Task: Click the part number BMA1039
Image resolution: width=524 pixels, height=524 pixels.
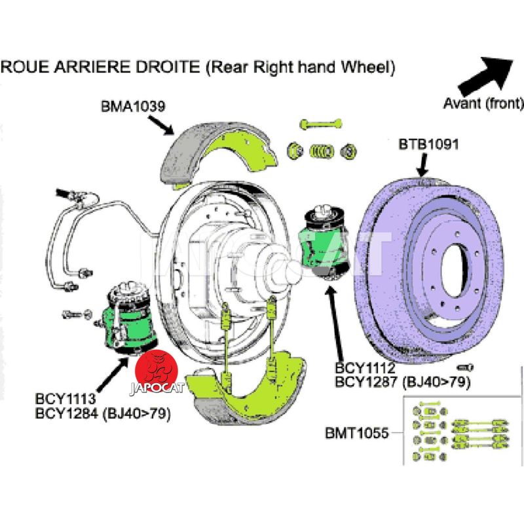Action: click(132, 105)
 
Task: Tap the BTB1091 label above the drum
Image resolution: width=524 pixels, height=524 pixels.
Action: click(429, 143)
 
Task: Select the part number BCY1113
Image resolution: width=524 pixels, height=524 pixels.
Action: click(67, 399)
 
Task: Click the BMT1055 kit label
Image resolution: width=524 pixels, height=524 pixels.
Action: click(357, 433)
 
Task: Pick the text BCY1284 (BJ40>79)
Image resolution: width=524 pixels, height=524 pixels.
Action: click(103, 414)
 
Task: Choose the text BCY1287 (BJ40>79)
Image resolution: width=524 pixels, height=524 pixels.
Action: click(403, 382)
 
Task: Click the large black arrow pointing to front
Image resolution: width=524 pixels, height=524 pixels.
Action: click(485, 74)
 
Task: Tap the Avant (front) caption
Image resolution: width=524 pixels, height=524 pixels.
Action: click(483, 103)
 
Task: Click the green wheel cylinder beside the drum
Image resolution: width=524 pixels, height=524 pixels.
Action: click(326, 239)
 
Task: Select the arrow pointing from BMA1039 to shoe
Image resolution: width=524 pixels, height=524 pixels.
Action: click(161, 122)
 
